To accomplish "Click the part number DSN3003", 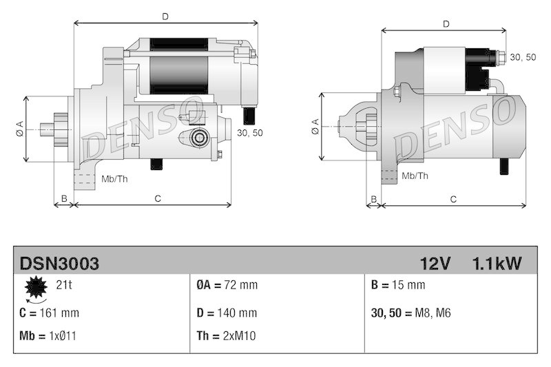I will click(x=59, y=263).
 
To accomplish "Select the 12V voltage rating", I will click(x=435, y=263).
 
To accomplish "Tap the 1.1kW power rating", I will click(x=497, y=263).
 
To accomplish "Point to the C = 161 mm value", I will click(x=50, y=313).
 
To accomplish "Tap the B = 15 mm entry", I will click(x=398, y=285).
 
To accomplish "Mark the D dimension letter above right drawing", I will click(x=446, y=24).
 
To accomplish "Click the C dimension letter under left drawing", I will click(x=157, y=199).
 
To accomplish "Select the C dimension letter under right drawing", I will click(x=453, y=199).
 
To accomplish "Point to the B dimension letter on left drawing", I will click(x=64, y=199).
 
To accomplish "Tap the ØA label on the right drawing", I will click(x=315, y=126).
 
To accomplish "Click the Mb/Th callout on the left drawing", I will click(x=114, y=179).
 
